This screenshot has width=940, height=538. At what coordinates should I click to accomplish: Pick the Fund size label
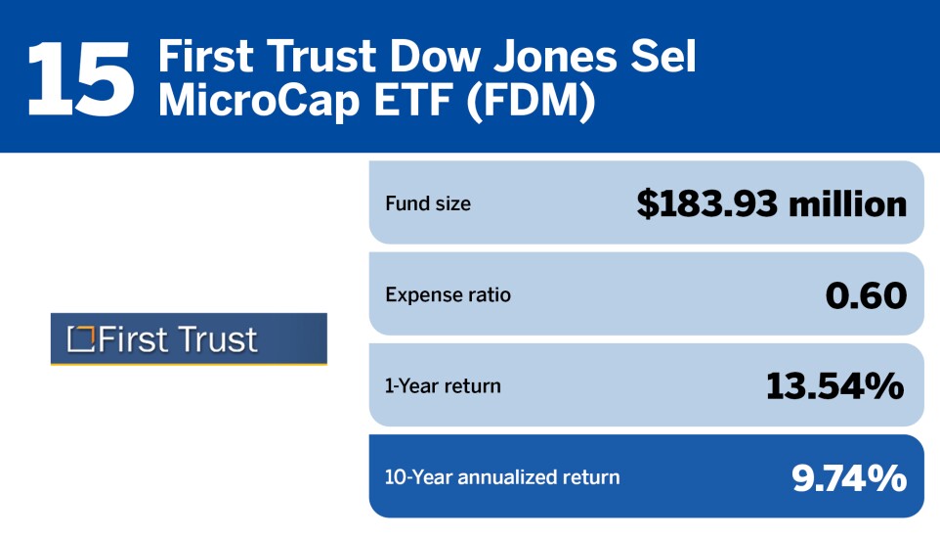[x=428, y=204]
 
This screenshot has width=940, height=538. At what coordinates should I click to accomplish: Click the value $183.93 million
[x=771, y=203]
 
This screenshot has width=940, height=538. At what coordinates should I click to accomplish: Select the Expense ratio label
[x=449, y=294]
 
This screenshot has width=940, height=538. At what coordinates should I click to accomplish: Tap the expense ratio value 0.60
[x=866, y=294]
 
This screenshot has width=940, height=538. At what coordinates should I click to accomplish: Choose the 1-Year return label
[x=443, y=385]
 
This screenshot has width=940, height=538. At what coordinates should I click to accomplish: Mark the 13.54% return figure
[x=835, y=385]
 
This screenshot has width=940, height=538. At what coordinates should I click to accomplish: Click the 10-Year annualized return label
[x=502, y=477]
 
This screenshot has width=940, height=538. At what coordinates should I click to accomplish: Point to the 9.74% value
[x=848, y=477]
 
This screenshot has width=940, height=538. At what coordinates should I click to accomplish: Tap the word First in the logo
[x=131, y=339]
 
